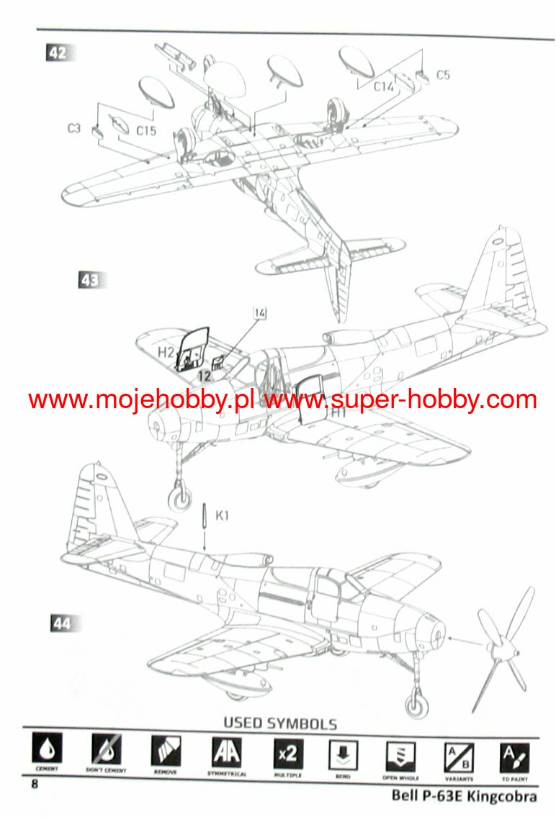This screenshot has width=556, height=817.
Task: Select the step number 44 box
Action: [62, 623]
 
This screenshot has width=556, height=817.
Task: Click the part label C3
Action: [73, 128]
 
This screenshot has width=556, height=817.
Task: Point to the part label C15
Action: [147, 131]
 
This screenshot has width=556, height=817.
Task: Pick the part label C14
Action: [383, 86]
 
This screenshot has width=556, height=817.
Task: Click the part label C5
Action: [443, 74]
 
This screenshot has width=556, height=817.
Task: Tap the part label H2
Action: [166, 352]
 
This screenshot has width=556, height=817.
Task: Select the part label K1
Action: [223, 515]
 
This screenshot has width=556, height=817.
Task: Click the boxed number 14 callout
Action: [260, 312]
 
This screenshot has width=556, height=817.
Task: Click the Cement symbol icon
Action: [46, 752]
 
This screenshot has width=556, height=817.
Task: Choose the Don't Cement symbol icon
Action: [106, 752]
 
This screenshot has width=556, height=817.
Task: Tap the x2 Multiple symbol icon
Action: [286, 753]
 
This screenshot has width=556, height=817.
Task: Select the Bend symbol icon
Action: [344, 753]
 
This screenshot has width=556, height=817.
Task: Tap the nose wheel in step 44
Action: [416, 701]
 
